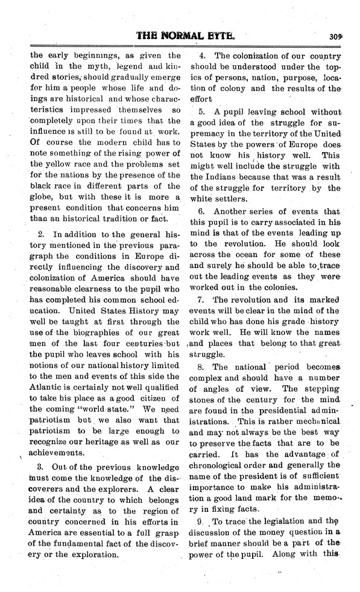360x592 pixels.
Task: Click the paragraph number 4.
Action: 201,54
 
